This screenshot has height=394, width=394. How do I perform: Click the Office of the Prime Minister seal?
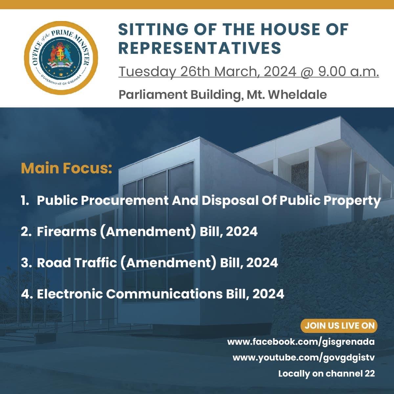(x=61, y=58)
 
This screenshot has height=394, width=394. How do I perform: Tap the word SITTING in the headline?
(x=153, y=29)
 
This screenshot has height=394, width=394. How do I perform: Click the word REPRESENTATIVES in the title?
(x=200, y=48)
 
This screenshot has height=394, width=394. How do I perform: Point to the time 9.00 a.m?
(x=348, y=72)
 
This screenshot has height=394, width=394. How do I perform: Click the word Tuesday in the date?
(x=147, y=72)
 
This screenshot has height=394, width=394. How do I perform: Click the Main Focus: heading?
(x=66, y=168)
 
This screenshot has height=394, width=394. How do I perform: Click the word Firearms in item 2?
(x=67, y=231)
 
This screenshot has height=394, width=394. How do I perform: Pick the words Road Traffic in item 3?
(x=77, y=263)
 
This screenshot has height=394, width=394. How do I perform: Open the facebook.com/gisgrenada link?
(x=301, y=342)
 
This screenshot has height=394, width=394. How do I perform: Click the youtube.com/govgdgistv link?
(x=304, y=358)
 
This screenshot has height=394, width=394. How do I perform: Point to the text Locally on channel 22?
(x=326, y=373)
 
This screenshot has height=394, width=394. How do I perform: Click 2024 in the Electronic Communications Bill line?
(x=268, y=294)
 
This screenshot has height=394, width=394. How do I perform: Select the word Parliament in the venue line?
(x=153, y=95)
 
